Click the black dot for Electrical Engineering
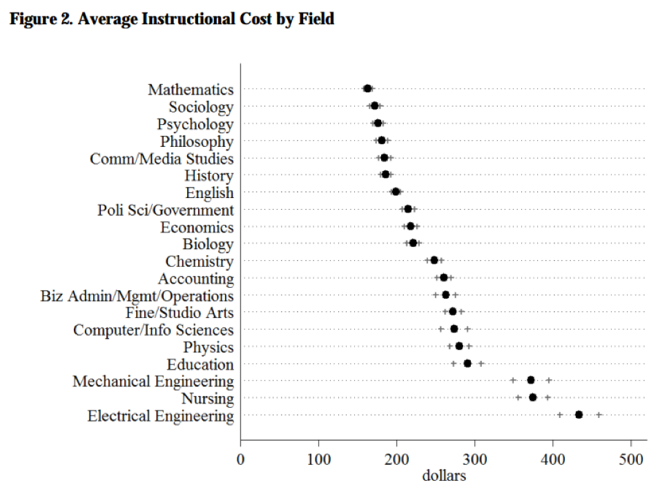point(579,415)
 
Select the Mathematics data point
point(367,88)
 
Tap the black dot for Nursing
point(532,397)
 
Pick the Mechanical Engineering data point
point(530,380)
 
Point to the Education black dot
point(467,364)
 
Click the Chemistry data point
point(434,260)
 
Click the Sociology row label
point(201,107)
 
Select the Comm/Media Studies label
point(162,159)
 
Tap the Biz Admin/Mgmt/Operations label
point(137,296)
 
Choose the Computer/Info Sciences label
point(153,330)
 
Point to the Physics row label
point(208,348)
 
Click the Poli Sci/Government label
point(166,210)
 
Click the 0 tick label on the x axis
point(240,459)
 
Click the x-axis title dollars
point(444,475)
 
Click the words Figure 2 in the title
point(40,19)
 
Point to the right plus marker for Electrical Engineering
point(599,415)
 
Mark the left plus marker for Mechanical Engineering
point(513,380)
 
